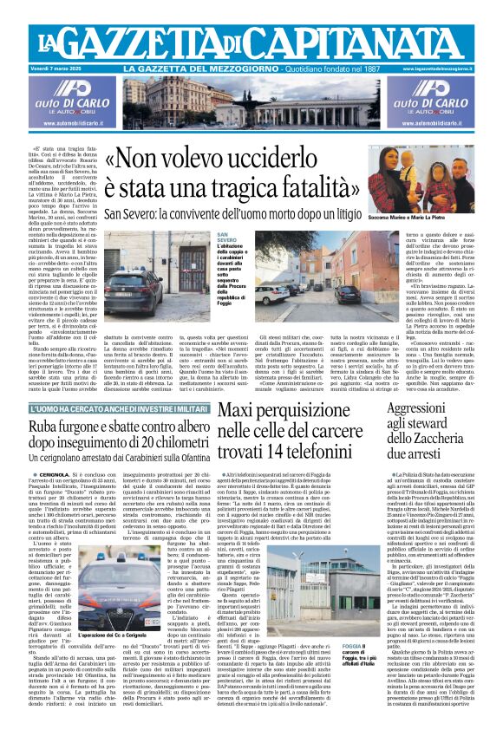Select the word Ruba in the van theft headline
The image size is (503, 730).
pos(44,427)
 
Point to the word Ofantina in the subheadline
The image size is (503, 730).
pos(188,462)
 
